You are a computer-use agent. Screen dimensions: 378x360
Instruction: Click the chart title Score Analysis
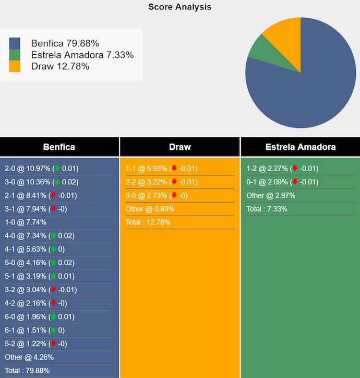coord(179,7)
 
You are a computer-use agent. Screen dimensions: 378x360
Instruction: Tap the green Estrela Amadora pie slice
coord(259,50)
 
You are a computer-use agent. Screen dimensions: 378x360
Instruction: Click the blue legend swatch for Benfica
coord(15,43)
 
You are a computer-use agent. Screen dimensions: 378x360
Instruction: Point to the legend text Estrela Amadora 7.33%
coord(82,55)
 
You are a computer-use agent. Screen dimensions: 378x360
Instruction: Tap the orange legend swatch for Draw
coord(15,66)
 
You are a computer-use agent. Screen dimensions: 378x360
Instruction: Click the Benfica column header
coord(59,147)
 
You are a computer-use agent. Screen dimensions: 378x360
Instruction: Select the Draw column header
coord(180,147)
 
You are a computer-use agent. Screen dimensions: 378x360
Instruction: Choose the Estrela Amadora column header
coord(301,147)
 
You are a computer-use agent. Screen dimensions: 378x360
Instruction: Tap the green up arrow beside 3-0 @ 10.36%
coord(57,182)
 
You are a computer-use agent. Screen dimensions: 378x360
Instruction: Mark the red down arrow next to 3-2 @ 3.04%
coord(53,290)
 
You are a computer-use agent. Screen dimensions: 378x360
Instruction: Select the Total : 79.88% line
coord(27,371)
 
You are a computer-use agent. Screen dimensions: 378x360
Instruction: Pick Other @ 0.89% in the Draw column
coord(150,209)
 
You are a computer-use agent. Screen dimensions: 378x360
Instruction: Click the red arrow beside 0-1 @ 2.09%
coord(295,182)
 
